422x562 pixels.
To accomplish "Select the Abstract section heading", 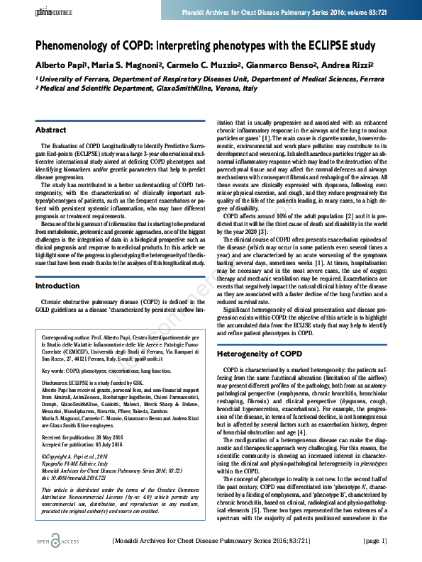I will click(51, 130).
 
